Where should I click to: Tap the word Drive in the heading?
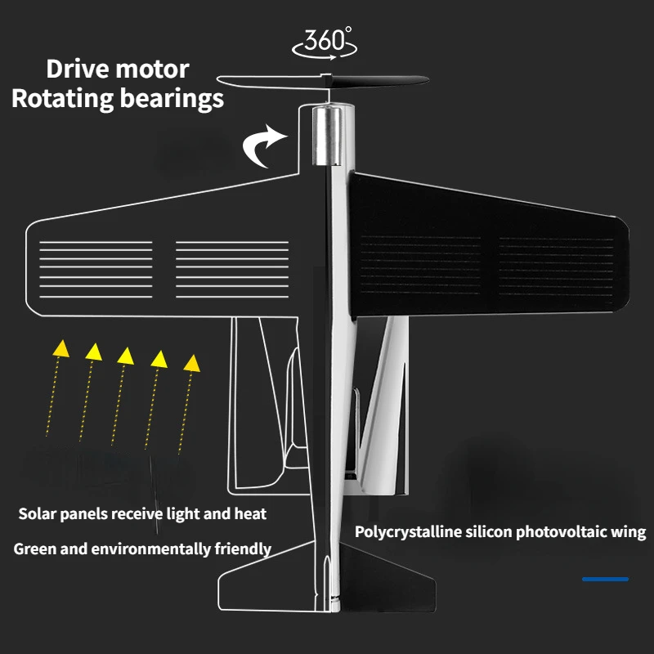coord(78,69)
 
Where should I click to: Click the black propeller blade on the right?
coord(384,80)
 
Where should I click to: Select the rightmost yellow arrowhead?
coord(192,361)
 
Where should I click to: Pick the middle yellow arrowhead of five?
coord(125,355)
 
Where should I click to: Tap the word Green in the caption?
coord(32,549)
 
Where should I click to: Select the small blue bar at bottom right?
coord(605,579)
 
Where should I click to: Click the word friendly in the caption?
coord(244,549)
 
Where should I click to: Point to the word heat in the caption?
coord(251,514)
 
